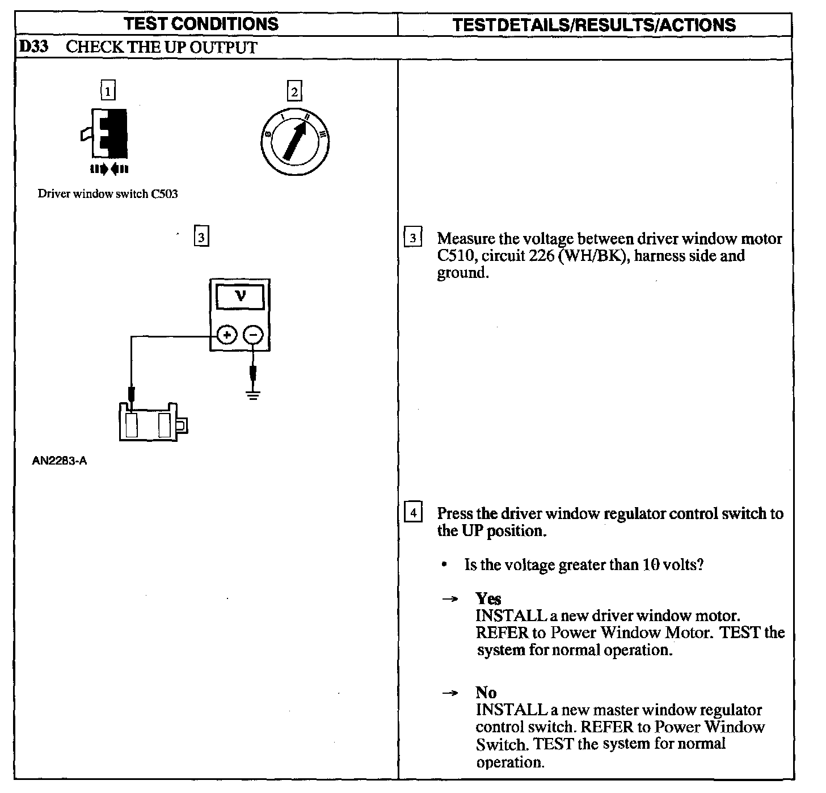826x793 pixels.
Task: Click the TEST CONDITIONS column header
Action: (x=201, y=24)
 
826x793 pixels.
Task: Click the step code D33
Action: (x=33, y=47)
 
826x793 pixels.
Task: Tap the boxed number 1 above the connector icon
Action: (x=107, y=91)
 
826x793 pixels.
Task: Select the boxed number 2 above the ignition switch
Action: (x=294, y=91)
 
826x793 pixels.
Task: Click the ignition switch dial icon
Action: (x=295, y=140)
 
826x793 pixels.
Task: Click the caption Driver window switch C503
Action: (x=108, y=194)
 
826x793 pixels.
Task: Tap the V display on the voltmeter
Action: (x=240, y=296)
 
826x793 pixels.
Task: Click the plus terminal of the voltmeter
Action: (x=226, y=335)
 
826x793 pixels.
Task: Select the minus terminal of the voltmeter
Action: (x=253, y=335)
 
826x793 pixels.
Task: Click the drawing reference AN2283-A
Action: (x=60, y=461)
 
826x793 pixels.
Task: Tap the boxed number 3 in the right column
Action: (x=412, y=238)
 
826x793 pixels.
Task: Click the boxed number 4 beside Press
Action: (x=412, y=513)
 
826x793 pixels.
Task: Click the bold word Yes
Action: (x=488, y=598)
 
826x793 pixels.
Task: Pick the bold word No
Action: (x=486, y=693)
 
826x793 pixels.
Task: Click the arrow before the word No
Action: (x=450, y=693)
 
